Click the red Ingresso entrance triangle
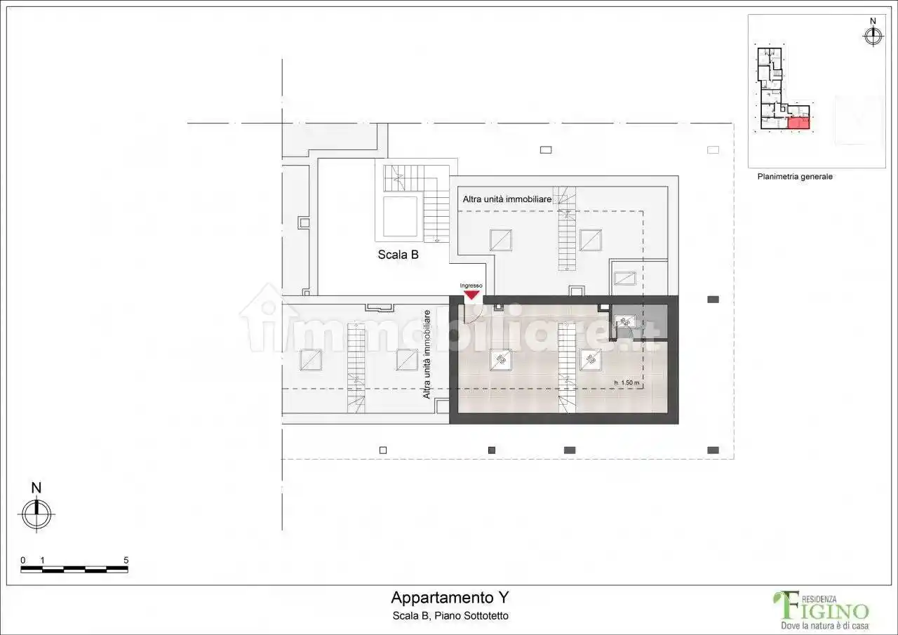[471, 295]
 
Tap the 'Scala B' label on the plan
[398, 255]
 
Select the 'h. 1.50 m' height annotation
[626, 382]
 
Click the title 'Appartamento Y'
[449, 598]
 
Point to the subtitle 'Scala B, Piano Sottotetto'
[449, 616]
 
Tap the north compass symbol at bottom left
[36, 513]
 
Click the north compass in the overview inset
[873, 35]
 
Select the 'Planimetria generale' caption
[795, 177]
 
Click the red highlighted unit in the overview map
[798, 123]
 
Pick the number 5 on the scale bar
[126, 560]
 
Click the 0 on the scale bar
[23, 560]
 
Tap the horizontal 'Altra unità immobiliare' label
[507, 199]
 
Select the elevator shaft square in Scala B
[400, 217]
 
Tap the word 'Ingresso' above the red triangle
[471, 286]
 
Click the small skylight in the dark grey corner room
[624, 322]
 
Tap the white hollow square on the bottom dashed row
[383, 450]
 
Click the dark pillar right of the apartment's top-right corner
[713, 300]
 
